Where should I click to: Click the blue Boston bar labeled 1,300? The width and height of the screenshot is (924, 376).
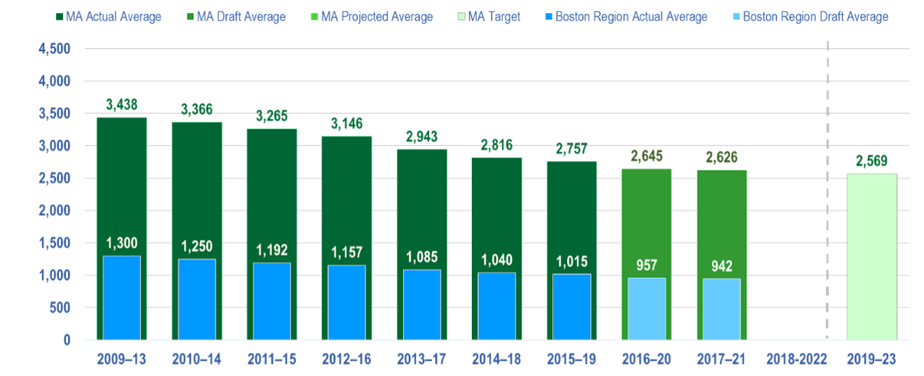click(122, 298)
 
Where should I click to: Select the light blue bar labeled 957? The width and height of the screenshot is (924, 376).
click(647, 308)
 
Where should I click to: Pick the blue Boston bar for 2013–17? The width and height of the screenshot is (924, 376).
click(422, 305)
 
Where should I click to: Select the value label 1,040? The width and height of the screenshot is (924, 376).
click(496, 260)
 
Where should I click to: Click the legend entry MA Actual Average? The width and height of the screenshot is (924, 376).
click(113, 17)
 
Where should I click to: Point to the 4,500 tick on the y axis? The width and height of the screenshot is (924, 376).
click(56, 49)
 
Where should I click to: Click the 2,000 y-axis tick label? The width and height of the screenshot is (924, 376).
click(56, 211)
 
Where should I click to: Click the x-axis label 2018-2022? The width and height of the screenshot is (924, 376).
click(797, 359)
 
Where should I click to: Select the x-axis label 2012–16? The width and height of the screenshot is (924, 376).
click(346, 359)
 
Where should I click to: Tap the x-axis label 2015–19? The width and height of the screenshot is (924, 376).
click(572, 359)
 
